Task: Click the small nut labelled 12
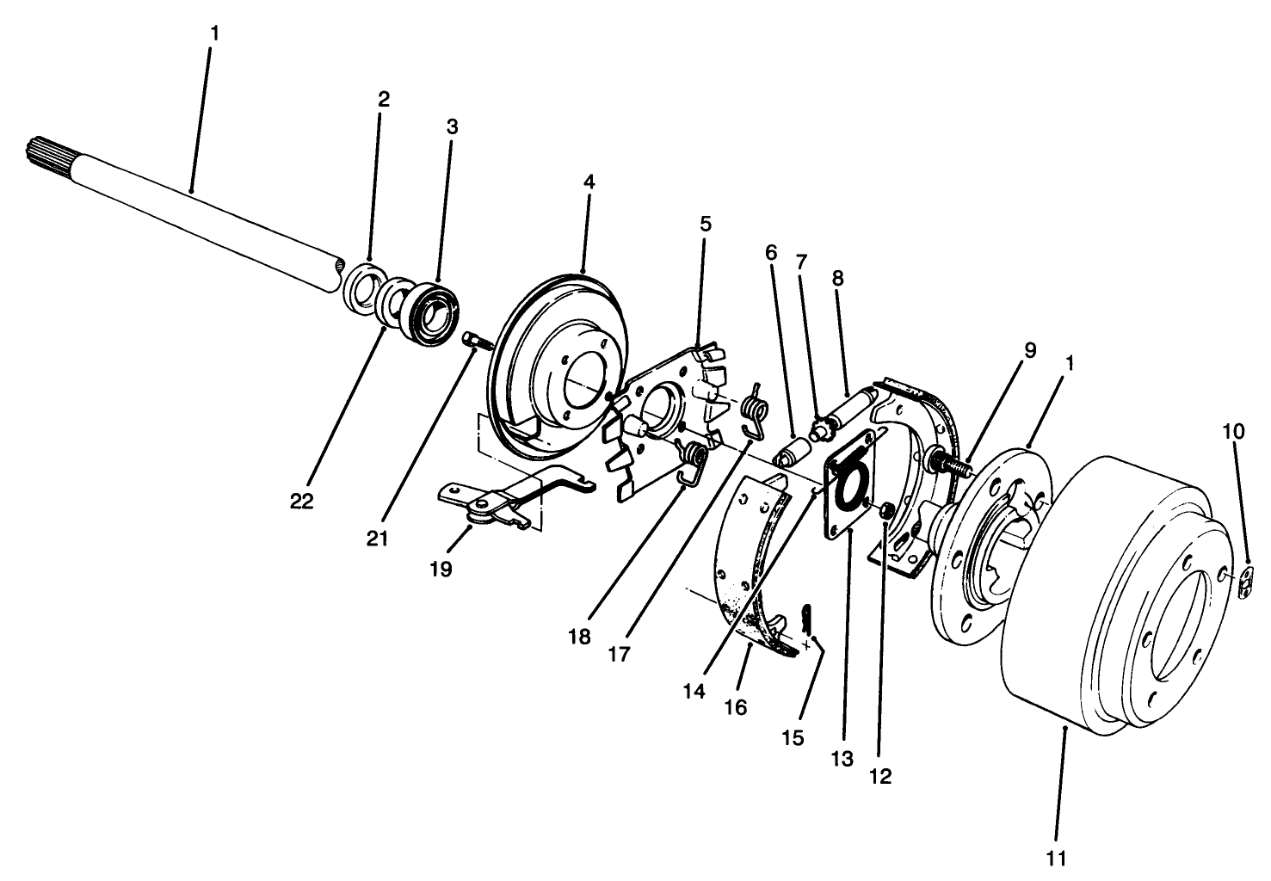885,514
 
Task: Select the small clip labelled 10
1247,582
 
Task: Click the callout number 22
302,502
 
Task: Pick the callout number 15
793,737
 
